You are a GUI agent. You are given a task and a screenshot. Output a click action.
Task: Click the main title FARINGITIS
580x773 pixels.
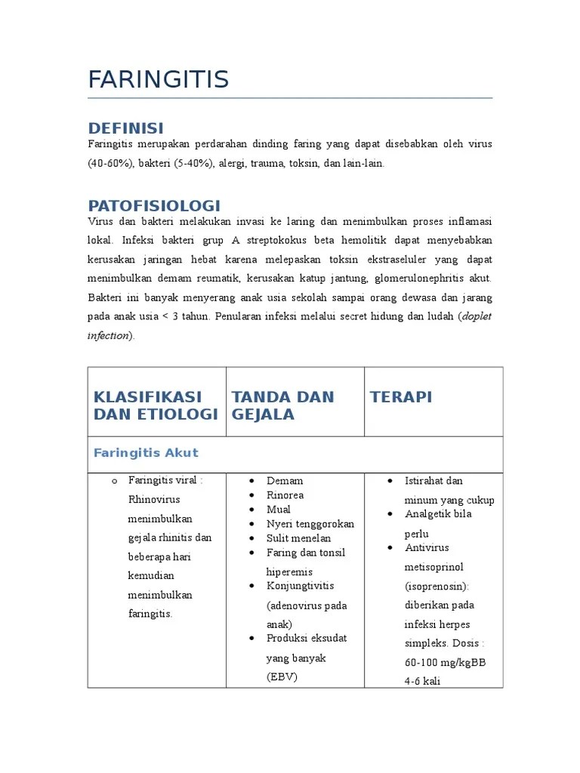(158, 79)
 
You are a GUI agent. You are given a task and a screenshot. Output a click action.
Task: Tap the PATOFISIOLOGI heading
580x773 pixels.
(154, 205)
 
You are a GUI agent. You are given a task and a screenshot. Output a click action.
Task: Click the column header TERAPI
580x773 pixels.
(400, 397)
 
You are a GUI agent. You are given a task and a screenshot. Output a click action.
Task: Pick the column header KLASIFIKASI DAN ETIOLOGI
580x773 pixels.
(155, 405)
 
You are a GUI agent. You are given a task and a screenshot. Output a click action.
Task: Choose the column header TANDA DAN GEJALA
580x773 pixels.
(282, 405)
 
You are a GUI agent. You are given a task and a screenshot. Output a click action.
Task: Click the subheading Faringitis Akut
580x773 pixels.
(146, 453)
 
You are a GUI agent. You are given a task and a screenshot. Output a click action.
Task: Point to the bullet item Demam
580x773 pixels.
(285, 481)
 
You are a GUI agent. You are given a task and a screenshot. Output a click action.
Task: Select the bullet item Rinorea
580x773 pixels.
(285, 495)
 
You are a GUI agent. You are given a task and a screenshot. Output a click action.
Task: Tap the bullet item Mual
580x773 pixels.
(279, 510)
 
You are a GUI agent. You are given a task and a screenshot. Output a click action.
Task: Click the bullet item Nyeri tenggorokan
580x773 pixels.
(310, 524)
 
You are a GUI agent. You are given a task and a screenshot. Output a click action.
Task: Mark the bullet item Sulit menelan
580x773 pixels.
(298, 538)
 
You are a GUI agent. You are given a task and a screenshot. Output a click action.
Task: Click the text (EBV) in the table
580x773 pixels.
(282, 676)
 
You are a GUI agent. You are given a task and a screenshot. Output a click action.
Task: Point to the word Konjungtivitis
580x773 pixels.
(300, 586)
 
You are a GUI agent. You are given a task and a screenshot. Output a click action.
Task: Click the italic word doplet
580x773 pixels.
(476, 316)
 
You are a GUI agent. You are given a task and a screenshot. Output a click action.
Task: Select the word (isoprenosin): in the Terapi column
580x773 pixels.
(437, 586)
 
